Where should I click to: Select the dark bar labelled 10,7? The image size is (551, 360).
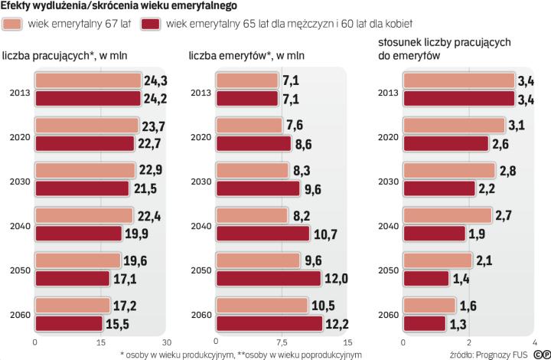pos(263,233)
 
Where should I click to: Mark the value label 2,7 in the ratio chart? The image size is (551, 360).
pos(504,215)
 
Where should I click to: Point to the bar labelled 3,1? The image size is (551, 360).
pos(454,125)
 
